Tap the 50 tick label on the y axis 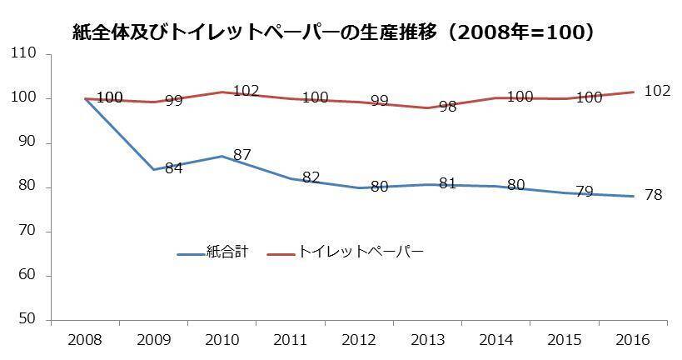[x=28, y=320]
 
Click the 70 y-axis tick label [x=28, y=232]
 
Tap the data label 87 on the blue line [x=241, y=155]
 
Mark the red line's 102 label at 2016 [x=658, y=90]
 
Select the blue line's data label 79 [x=585, y=192]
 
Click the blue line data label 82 [x=310, y=177]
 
